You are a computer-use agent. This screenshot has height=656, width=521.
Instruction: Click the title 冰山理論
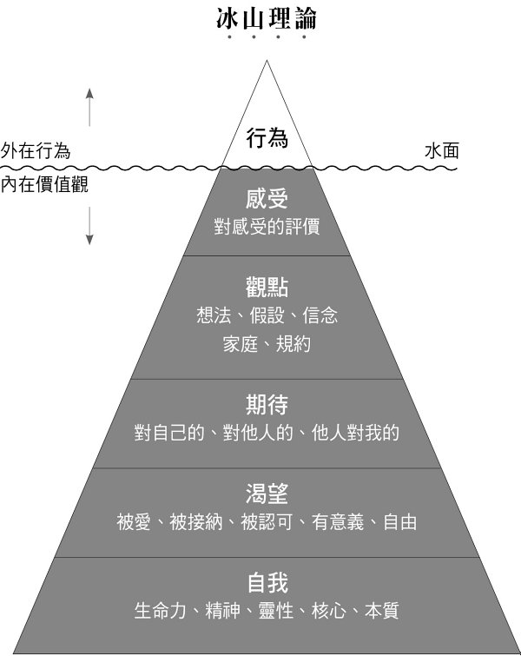tap(266, 18)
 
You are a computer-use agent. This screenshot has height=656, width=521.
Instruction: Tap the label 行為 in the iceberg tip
tap(267, 137)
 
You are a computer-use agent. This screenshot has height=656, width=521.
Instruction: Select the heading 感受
tap(267, 199)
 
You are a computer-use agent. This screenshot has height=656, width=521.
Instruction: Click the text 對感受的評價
tap(267, 227)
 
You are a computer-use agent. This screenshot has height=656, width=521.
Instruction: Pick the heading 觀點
tap(267, 287)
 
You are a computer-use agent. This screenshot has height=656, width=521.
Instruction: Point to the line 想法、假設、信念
tap(267, 315)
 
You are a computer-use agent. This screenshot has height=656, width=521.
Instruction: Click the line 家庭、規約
tap(267, 343)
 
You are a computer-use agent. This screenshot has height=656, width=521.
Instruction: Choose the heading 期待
tap(267, 404)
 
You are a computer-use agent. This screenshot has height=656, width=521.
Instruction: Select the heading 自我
tap(267, 581)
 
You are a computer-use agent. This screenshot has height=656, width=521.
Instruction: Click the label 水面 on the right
tap(442, 150)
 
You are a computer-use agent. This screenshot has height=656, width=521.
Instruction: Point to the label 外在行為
tap(36, 150)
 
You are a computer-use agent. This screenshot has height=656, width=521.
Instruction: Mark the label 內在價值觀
tap(44, 184)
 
